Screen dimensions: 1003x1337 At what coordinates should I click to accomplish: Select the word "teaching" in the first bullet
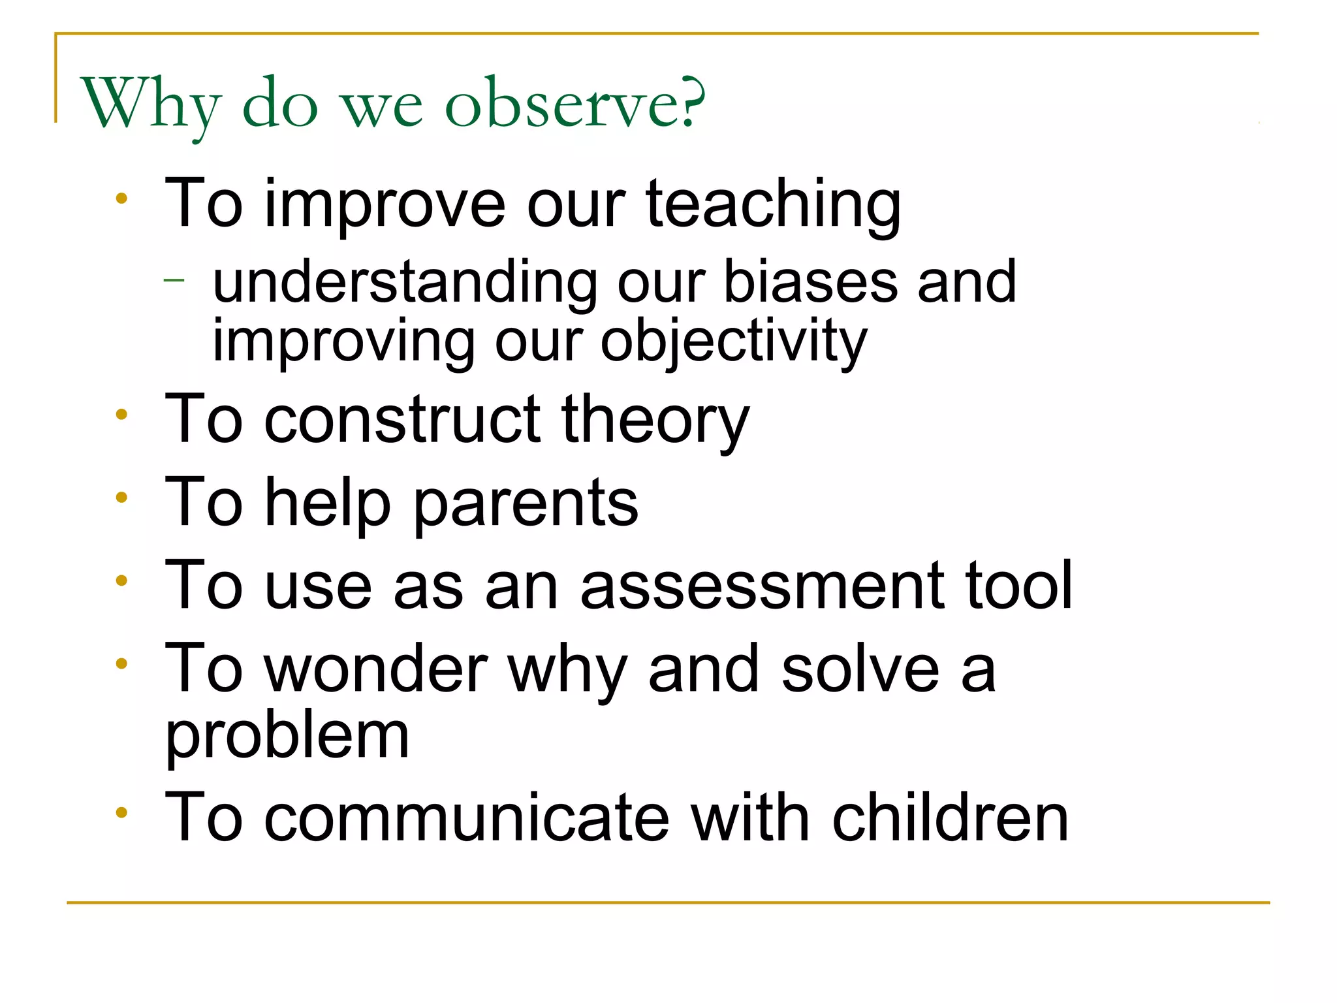point(774,206)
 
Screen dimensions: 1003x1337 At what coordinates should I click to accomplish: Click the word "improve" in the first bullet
point(385,206)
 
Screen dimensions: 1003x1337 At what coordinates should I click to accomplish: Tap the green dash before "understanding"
point(174,281)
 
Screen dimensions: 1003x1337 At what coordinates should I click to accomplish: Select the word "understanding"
point(405,283)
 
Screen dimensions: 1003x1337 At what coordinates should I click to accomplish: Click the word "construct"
point(402,420)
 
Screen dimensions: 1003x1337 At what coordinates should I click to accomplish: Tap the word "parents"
point(526,503)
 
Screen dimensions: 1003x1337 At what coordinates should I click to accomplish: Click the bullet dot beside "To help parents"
point(121,498)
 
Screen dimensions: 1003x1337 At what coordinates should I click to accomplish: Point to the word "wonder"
point(376,669)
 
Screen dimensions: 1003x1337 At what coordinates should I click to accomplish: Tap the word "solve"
point(860,669)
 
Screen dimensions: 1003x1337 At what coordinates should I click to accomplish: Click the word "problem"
point(287,737)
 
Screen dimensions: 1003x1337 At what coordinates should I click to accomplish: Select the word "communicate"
point(467,818)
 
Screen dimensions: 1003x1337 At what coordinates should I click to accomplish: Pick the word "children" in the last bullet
point(950,818)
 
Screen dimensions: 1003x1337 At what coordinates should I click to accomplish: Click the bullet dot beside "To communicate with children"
point(121,813)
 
